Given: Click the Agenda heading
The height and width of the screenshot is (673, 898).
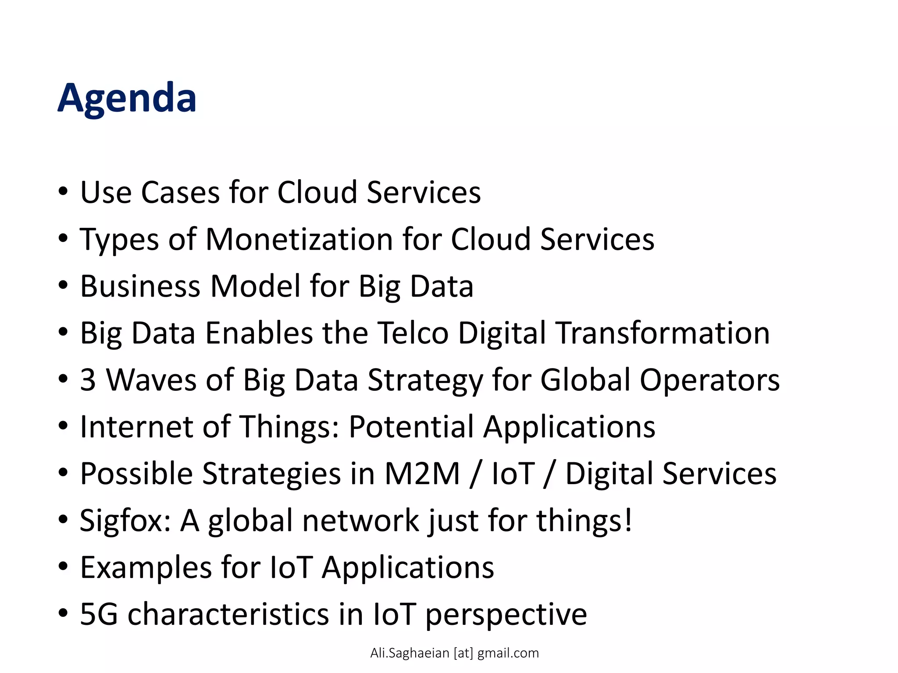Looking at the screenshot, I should (127, 98).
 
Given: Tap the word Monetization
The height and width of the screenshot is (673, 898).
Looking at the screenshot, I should (299, 240).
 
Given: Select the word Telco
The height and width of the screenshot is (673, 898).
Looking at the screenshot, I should (413, 333).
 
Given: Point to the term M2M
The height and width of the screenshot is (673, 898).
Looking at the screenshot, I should (422, 474).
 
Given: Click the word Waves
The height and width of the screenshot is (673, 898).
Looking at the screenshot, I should (151, 380).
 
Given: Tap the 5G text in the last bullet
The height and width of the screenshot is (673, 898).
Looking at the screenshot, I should (99, 614).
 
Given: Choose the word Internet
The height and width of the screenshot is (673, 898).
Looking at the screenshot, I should (136, 427).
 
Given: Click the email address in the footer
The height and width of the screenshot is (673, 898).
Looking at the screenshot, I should (454, 653).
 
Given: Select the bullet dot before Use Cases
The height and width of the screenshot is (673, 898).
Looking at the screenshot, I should (63, 191).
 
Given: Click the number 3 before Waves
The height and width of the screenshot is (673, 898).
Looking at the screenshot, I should (88, 380).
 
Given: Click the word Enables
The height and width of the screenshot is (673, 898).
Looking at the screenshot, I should (259, 333).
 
